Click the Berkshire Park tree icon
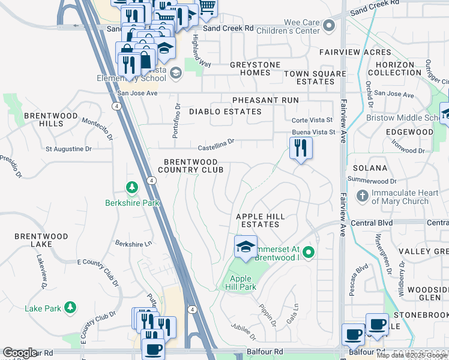point(132,188)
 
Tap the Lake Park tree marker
point(70,308)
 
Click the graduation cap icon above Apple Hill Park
point(246,247)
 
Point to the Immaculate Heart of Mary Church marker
point(363,196)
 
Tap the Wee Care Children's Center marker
point(328,26)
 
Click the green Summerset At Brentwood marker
point(309,251)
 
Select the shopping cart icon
point(207,6)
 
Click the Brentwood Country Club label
point(194,166)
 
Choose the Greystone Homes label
point(250,68)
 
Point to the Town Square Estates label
point(315,77)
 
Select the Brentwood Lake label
point(41,241)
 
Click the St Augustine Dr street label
point(69,148)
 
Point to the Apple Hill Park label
point(243,283)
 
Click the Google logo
point(20,353)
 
